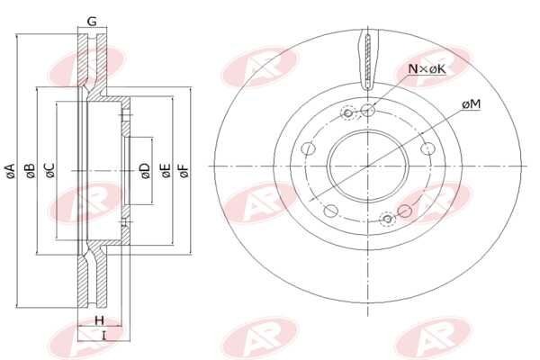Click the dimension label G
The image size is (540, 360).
pyautogui.click(x=91, y=21)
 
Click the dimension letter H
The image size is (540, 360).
pyautogui.click(x=100, y=320)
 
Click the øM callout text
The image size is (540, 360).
pyautogui.click(x=471, y=105)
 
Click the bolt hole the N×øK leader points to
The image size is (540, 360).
pyautogui.click(x=368, y=111)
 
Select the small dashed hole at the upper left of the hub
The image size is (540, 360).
pyautogui.click(x=348, y=113)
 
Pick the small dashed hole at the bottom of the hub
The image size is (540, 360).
pyautogui.click(x=388, y=218)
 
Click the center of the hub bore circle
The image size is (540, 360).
pyautogui.click(x=368, y=166)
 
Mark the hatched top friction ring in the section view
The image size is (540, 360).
pyautogui.click(x=91, y=63)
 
